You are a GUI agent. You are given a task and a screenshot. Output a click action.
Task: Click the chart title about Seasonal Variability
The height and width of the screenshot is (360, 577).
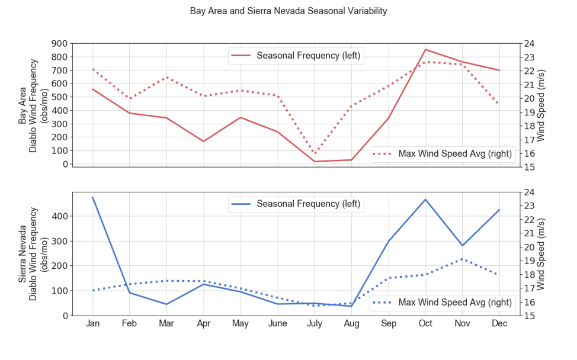[288, 11]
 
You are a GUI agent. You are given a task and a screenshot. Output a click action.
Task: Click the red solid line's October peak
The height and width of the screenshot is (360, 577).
[425, 50]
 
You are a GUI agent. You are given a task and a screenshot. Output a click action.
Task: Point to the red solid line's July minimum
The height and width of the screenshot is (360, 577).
[315, 162]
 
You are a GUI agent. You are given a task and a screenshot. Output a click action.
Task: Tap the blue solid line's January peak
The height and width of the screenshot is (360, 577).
[93, 197]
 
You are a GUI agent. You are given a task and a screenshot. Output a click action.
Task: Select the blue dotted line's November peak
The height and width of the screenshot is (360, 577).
[462, 259]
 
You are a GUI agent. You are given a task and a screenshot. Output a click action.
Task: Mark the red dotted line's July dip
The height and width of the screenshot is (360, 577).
[315, 153]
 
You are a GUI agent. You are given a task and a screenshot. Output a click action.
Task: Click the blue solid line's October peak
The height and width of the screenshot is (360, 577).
[425, 200]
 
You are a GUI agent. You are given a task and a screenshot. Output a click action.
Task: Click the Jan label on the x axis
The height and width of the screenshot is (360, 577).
[93, 324]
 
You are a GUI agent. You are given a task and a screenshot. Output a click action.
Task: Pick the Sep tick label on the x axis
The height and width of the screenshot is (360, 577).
[389, 324]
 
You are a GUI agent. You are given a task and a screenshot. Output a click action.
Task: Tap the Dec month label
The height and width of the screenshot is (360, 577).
[499, 324]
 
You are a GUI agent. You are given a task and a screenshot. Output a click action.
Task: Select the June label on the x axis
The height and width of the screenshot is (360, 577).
[277, 324]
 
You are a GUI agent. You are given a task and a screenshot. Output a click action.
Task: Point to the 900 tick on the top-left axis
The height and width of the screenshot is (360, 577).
[59, 44]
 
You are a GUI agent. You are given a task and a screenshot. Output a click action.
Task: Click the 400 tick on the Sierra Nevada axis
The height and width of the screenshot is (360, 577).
[59, 217]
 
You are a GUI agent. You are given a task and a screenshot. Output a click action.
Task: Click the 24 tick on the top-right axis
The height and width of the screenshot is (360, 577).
[529, 44]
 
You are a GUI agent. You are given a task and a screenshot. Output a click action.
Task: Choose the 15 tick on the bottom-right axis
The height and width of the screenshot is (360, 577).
[529, 316]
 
